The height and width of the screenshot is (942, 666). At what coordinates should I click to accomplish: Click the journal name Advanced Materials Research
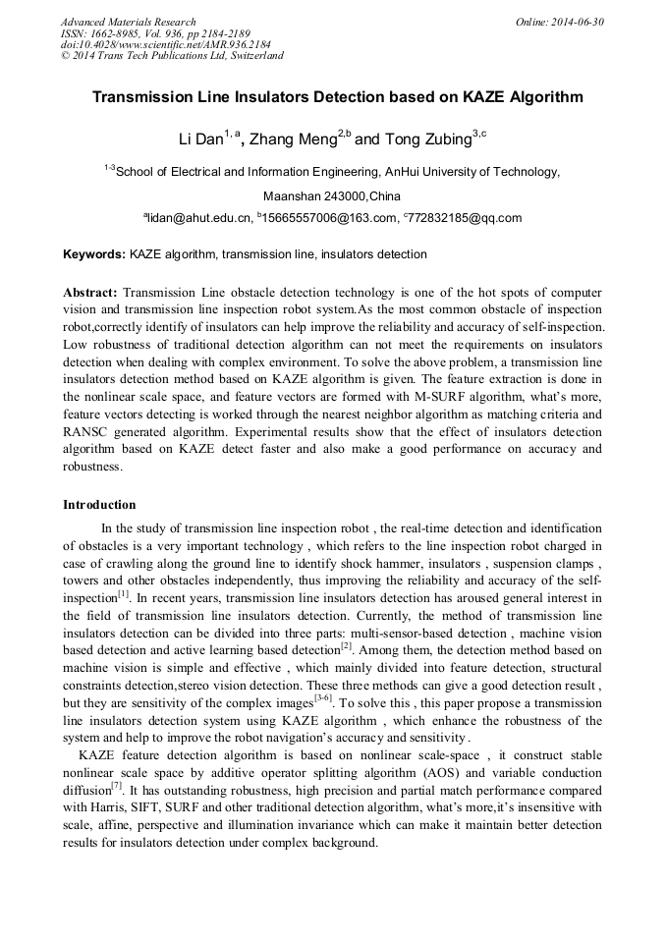(x=128, y=22)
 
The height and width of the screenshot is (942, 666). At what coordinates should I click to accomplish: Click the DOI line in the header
(x=165, y=44)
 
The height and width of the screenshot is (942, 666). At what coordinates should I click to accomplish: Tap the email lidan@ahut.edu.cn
(x=196, y=218)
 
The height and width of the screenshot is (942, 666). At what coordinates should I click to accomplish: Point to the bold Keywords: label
(x=94, y=254)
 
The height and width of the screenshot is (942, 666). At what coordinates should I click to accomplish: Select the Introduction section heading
(x=99, y=505)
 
